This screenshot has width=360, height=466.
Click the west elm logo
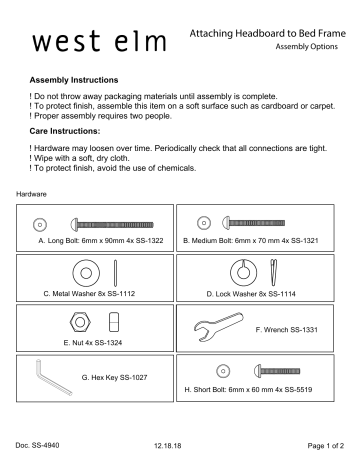coord(91,44)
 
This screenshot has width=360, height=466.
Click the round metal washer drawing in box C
coord(81,272)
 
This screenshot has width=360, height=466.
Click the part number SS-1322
coord(146,241)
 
